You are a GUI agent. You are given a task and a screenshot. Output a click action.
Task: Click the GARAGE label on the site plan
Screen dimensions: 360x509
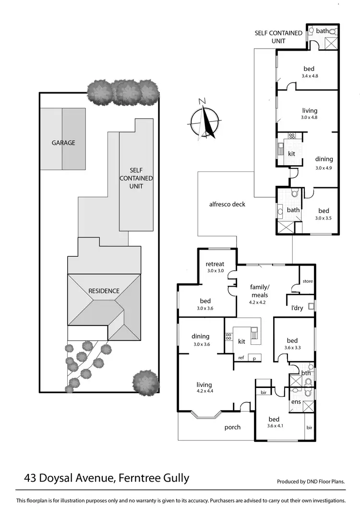[63, 143]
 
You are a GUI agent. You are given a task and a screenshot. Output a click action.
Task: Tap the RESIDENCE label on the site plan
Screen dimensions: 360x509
[104, 291]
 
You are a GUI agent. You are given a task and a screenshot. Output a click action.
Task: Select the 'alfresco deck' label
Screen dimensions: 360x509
[227, 204]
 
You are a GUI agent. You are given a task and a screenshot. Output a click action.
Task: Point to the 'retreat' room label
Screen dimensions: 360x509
[215, 264]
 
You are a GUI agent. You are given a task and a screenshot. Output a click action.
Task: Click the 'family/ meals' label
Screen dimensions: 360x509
[258, 291]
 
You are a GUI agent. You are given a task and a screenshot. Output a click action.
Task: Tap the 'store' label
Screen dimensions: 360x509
[307, 281]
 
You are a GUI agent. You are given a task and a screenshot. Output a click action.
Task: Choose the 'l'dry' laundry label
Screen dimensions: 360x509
[297, 308]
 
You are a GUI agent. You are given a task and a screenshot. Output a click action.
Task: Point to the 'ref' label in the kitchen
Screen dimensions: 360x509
[241, 358]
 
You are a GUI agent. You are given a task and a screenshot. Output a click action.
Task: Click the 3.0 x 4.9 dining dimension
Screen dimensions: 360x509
[324, 168]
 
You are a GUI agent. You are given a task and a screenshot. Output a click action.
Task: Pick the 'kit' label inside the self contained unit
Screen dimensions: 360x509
[291, 154]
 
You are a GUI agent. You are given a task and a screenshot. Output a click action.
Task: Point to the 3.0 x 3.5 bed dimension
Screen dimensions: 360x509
[324, 218]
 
